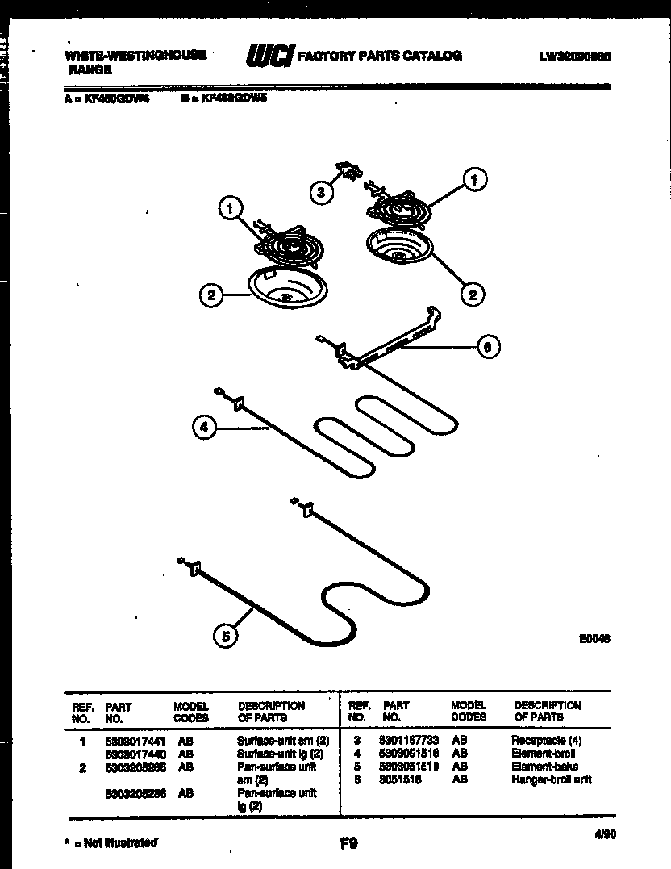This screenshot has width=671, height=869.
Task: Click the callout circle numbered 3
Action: pyautogui.click(x=321, y=192)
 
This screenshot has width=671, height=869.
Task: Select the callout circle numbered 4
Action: pyautogui.click(x=205, y=428)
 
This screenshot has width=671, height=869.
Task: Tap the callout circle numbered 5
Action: pyautogui.click(x=226, y=637)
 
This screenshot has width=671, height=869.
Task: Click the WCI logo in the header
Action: pyautogui.click(x=269, y=56)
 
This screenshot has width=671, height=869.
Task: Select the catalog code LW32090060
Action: pyautogui.click(x=573, y=56)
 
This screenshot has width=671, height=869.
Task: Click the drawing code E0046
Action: pyautogui.click(x=594, y=637)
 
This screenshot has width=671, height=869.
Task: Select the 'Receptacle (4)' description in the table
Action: pyautogui.click(x=546, y=740)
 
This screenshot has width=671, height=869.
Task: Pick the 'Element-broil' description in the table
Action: pyautogui.click(x=543, y=753)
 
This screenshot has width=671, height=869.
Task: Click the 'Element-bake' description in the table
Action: pyautogui.click(x=544, y=767)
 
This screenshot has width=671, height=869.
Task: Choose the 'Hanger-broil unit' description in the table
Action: pyautogui.click(x=551, y=779)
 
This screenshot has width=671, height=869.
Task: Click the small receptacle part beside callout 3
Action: pyautogui.click(x=349, y=171)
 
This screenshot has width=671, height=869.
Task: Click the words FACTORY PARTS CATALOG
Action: pyautogui.click(x=379, y=56)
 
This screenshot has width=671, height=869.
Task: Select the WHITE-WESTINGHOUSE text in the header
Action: pyautogui.click(x=135, y=55)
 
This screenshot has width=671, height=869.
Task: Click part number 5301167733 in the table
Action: pyautogui.click(x=408, y=740)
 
